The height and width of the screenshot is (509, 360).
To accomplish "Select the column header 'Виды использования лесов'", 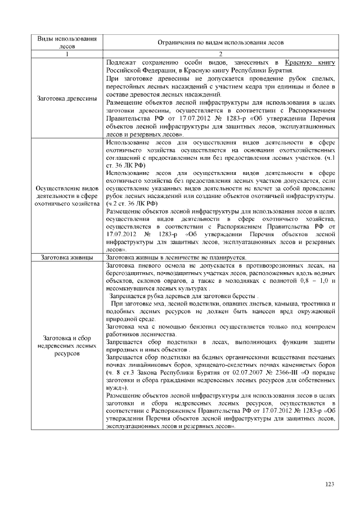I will pyautogui.click(x=66, y=42).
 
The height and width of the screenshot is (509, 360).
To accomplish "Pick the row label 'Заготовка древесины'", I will pyautogui.click(x=66, y=98).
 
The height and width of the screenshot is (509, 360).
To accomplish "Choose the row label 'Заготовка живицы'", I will pyautogui.click(x=66, y=258).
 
